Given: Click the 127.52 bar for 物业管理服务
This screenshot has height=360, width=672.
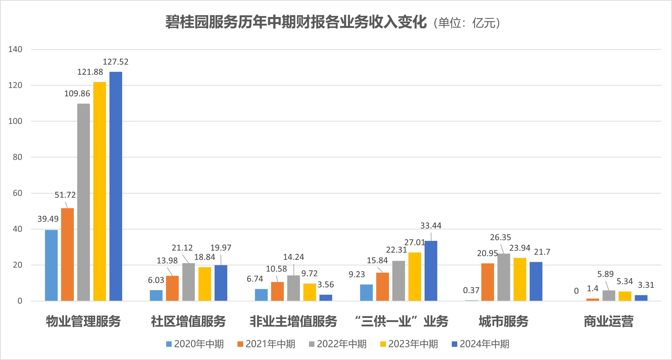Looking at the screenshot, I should pyautogui.click(x=116, y=186).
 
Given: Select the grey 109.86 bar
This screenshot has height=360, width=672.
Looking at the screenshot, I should pyautogui.click(x=84, y=202).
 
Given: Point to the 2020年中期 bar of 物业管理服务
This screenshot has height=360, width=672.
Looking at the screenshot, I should pyautogui.click(x=51, y=265).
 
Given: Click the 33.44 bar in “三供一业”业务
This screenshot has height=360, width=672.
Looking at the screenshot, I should pyautogui.click(x=431, y=271).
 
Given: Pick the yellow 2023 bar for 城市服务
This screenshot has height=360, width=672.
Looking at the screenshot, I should pyautogui.click(x=520, y=279).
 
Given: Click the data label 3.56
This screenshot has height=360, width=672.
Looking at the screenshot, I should pyautogui.click(x=326, y=285).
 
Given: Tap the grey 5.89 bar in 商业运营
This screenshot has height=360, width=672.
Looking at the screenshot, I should pyautogui.click(x=609, y=295).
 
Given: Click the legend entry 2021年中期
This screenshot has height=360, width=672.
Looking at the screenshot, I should pyautogui.click(x=266, y=344).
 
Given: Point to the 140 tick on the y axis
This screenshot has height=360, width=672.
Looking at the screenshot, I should pyautogui.click(x=15, y=49).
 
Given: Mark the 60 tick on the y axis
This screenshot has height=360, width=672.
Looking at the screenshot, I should pyautogui.click(x=17, y=193).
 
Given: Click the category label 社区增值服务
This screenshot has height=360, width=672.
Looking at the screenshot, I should pyautogui.click(x=188, y=321).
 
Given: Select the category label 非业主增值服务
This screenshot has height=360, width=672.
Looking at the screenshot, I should pyautogui.click(x=294, y=321).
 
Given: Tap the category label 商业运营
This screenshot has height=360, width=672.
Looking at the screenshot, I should pyautogui.click(x=609, y=321).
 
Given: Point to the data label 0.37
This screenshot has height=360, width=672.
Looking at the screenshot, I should pyautogui.click(x=471, y=290).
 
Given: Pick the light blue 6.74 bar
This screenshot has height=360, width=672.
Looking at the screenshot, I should pyautogui.click(x=261, y=295).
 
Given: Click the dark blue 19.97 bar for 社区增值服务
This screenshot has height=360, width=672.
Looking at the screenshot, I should pyautogui.click(x=221, y=283).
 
